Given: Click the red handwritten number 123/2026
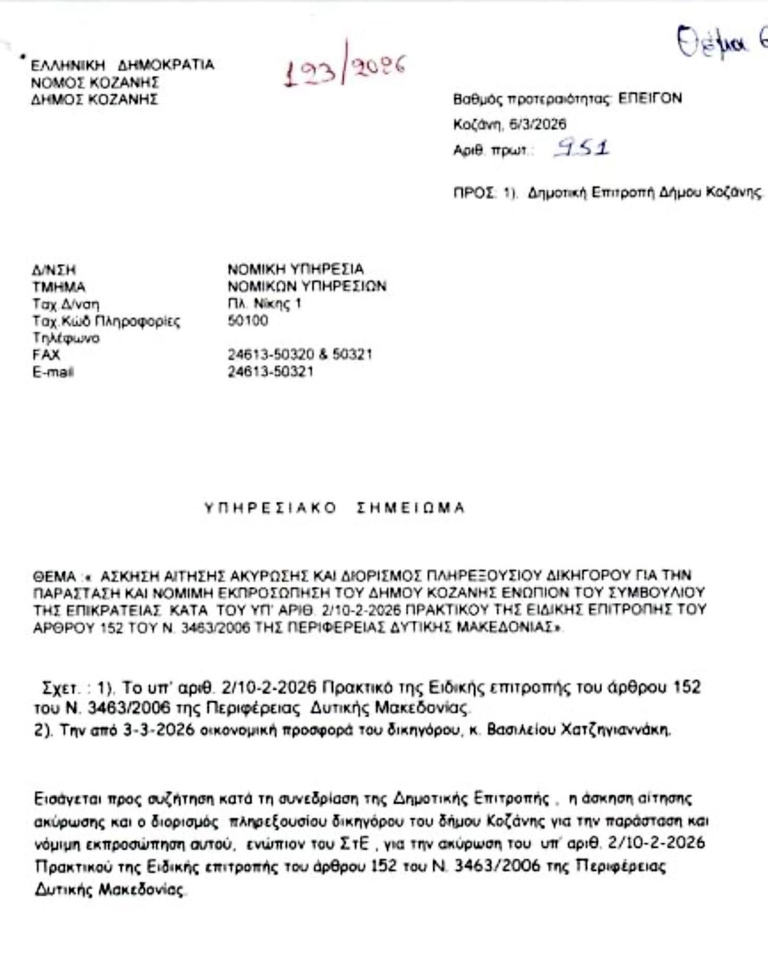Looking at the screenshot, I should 345,70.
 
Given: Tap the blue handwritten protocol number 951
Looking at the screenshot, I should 582,148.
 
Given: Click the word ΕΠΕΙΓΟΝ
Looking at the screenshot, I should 650,98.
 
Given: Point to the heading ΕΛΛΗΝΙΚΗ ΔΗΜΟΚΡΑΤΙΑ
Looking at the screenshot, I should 122,65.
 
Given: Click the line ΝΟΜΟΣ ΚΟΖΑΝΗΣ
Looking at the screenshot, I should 95,83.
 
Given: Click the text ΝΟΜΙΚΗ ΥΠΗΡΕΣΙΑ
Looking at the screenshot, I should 295,269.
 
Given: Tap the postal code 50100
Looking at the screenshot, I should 248,320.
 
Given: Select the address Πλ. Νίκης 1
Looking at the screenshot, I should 265,304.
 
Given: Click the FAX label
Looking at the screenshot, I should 46,354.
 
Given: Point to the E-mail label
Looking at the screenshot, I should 53,372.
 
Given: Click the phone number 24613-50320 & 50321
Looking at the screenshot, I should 300,354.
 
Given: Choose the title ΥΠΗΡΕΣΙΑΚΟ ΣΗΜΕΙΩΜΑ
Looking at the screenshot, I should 334,508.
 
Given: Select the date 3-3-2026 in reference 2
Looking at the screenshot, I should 159,730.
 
